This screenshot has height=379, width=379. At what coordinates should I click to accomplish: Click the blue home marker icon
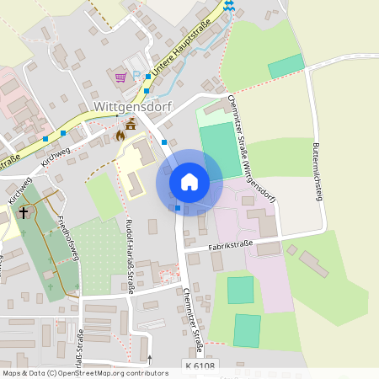point(189,182)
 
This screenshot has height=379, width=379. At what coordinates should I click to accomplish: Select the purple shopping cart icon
point(120,77)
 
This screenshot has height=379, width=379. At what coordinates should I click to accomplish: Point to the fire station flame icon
point(120,135)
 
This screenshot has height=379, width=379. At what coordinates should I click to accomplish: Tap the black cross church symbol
point(23,212)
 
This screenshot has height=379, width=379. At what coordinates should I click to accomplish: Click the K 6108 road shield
point(200,365)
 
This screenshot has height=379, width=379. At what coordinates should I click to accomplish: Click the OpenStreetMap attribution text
point(84,372)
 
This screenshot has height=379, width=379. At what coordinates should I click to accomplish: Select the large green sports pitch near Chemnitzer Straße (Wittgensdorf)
point(220,151)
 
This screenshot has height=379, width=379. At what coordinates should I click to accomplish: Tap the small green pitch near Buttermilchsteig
point(286,66)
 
